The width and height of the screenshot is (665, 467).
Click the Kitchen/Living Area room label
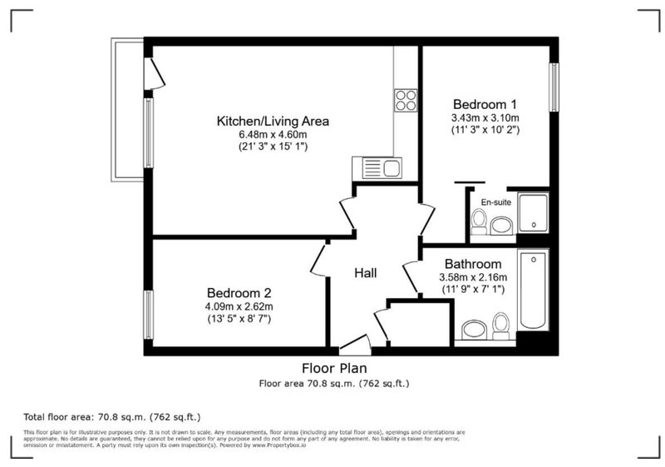(x=273, y=121)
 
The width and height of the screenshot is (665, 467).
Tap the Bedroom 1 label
(x=485, y=104)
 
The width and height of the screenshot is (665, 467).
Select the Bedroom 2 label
(x=239, y=293)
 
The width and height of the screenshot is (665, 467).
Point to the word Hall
(x=366, y=273)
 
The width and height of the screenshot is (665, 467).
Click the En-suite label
(x=495, y=202)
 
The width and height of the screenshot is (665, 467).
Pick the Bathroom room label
(x=473, y=264)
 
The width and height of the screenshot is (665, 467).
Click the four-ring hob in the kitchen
(x=406, y=100)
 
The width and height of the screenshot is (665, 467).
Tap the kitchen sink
(x=377, y=167)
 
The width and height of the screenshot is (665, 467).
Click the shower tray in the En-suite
(x=533, y=212)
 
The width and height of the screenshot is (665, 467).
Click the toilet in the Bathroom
(x=501, y=326)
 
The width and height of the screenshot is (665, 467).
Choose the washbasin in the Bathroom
(x=474, y=330)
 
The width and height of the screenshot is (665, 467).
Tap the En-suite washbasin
(x=502, y=226)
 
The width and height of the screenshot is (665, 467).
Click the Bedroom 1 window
(x=554, y=87)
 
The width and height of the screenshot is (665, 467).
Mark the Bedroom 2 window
(x=148, y=315)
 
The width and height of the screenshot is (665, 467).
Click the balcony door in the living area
(x=155, y=73)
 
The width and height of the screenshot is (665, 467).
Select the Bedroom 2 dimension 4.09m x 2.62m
(x=239, y=306)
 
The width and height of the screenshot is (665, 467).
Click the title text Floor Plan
(x=334, y=368)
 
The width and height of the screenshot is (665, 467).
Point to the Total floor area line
(x=112, y=416)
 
